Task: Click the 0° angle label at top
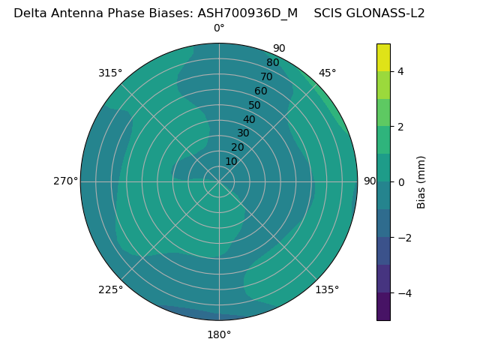click(x=219, y=28)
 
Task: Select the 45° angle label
click(x=328, y=73)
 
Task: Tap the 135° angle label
click(x=327, y=290)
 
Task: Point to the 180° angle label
click(x=219, y=334)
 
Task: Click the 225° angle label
click(x=110, y=290)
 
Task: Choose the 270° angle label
click(x=65, y=181)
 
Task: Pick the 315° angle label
click(x=110, y=73)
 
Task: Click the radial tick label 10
click(x=231, y=161)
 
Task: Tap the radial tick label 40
click(x=249, y=120)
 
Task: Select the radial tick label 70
click(x=267, y=77)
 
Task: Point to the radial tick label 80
click(x=273, y=63)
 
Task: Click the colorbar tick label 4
click(x=401, y=71)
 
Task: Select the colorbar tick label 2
click(x=401, y=127)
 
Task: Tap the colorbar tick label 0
click(x=401, y=182)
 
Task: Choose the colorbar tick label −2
click(x=403, y=238)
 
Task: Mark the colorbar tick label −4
click(x=403, y=293)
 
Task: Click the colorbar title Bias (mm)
click(x=421, y=182)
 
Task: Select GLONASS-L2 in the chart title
click(x=385, y=13)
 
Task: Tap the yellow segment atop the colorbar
click(x=383, y=58)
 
